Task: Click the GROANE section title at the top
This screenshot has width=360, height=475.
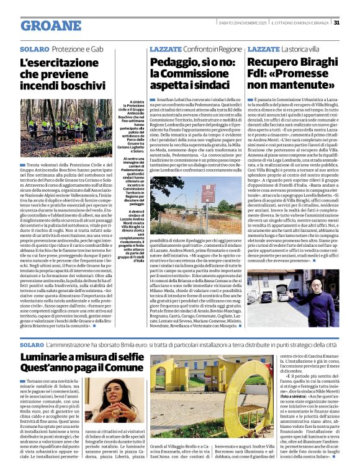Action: [47, 25]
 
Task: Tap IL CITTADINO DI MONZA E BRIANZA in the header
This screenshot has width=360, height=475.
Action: [300, 23]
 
